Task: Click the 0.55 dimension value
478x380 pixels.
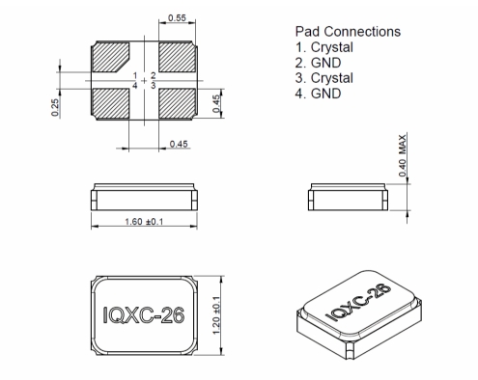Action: tap(177, 18)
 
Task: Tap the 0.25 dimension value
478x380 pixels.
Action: tap(55, 107)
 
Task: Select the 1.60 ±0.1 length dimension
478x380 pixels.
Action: tap(144, 222)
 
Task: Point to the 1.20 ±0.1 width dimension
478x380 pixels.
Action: tap(216, 315)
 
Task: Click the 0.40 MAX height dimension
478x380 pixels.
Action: tap(403, 155)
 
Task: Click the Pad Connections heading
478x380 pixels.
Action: tap(348, 32)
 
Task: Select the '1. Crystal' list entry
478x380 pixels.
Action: tap(324, 47)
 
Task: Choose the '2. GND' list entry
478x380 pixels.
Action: tap(318, 63)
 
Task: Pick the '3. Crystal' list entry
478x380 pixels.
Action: tap(324, 78)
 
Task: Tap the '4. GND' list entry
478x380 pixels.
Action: tap(318, 94)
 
